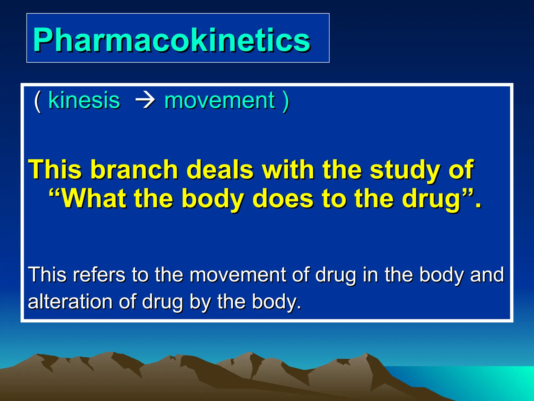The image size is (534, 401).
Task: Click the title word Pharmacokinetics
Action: point(171,40)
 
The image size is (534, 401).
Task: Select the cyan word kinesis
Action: point(84,100)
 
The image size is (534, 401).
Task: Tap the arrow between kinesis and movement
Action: point(145,101)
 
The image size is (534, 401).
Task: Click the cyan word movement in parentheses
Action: point(220,100)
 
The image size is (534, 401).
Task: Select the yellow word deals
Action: point(220,170)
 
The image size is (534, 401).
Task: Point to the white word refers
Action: point(99,275)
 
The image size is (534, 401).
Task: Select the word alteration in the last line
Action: point(70,302)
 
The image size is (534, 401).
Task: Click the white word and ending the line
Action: point(487,275)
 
